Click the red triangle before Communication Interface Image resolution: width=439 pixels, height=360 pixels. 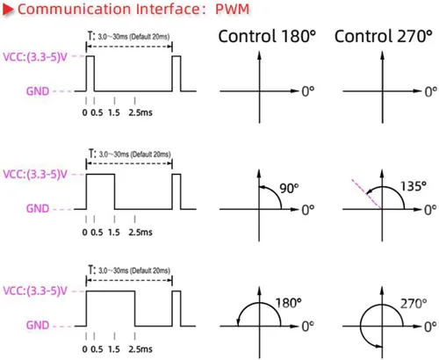(x=8, y=9)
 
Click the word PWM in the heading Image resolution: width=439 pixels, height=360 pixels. (x=233, y=9)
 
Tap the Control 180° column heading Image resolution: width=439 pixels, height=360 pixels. (x=267, y=36)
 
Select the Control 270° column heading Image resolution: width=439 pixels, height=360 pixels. (x=384, y=36)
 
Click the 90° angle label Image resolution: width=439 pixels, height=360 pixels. (x=289, y=189)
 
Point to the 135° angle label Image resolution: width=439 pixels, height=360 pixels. (x=414, y=186)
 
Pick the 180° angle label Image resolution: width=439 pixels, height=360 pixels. (x=288, y=303)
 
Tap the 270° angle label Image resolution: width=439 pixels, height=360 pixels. (x=414, y=304)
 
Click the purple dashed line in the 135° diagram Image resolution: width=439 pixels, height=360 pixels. (x=367, y=194)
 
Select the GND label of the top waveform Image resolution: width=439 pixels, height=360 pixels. (x=38, y=91)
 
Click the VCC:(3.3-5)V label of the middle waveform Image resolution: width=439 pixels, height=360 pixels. (x=35, y=175)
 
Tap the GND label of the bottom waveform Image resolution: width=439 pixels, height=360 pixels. (x=38, y=325)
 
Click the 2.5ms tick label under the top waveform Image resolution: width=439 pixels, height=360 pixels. (x=140, y=112)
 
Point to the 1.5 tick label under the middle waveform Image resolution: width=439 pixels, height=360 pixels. (x=114, y=233)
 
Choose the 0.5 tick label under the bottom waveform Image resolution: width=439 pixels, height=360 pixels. (x=97, y=349)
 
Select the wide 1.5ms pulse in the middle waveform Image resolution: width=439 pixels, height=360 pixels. (x=100, y=175)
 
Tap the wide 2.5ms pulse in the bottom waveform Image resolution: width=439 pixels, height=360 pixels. (x=111, y=292)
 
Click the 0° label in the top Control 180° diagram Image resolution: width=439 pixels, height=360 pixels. (x=308, y=91)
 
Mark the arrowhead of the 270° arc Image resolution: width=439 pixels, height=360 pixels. (x=378, y=346)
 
